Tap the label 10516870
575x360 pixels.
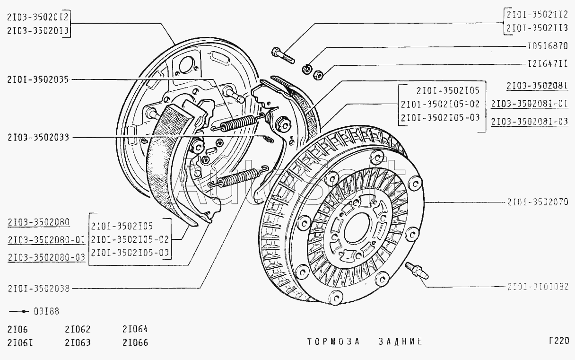point(547,47)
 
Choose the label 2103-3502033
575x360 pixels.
point(38,137)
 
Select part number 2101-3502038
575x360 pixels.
point(38,288)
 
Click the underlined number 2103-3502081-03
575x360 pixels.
point(529,122)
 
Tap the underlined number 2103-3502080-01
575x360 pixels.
point(46,239)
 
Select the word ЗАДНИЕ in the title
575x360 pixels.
point(393,342)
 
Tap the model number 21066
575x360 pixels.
point(135,342)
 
